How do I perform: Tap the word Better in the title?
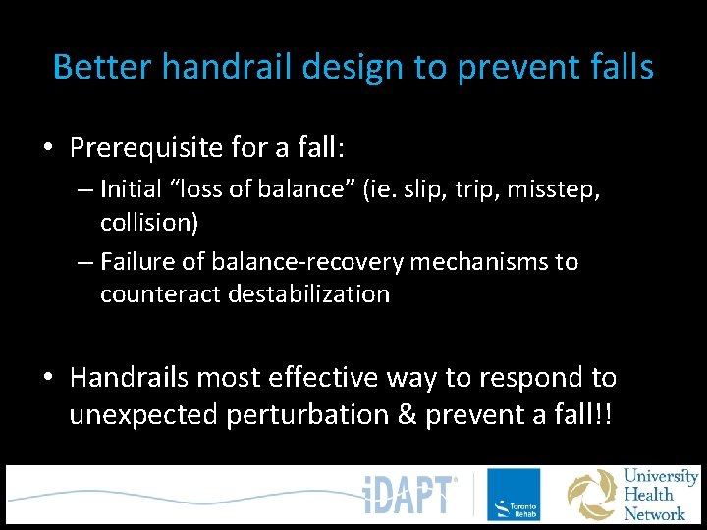click(101, 67)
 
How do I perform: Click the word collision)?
click(149, 222)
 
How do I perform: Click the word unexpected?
click(144, 414)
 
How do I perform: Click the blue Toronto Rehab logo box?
click(514, 495)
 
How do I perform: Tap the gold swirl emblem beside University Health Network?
click(592, 496)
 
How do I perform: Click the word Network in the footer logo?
click(655, 513)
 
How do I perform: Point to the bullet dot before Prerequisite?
click(46, 149)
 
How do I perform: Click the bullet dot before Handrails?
click(46, 378)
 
